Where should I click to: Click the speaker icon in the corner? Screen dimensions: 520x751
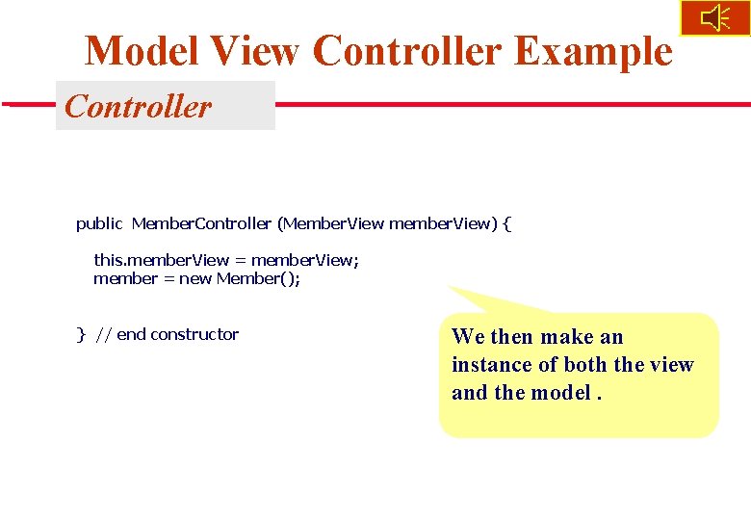point(714,18)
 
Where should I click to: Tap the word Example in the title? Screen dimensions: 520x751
point(593,51)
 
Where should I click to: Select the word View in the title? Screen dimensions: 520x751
point(257,51)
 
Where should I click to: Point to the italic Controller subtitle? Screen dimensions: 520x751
point(138,106)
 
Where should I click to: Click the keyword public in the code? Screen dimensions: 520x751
point(99,224)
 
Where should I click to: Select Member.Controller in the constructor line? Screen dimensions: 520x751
point(201,224)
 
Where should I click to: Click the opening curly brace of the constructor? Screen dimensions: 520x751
point(507,224)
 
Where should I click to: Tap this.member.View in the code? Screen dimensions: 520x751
point(161,260)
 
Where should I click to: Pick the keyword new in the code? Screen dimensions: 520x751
point(194,279)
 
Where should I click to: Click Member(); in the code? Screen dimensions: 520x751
point(258,279)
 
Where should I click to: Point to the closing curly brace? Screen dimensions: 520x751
point(81,335)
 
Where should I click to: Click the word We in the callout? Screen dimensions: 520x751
point(468,337)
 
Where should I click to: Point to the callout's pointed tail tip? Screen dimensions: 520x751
point(449,286)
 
